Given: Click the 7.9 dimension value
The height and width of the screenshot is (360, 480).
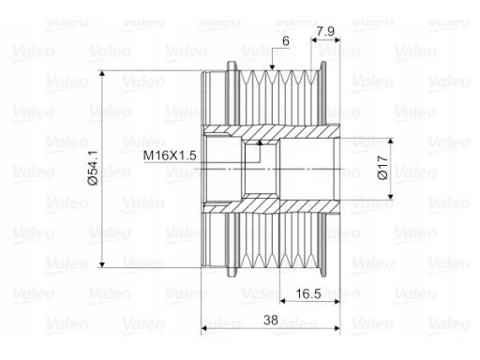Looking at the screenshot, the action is click(x=325, y=31).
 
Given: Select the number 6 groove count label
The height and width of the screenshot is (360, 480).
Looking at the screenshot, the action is click(x=286, y=41).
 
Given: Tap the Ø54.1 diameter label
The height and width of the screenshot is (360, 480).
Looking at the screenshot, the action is click(x=93, y=168).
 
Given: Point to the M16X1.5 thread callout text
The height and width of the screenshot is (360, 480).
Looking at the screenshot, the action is click(x=170, y=156).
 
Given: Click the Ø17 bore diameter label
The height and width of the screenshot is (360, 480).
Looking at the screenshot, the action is click(x=382, y=168).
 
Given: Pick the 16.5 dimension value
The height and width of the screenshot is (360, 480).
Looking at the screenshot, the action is click(x=308, y=293).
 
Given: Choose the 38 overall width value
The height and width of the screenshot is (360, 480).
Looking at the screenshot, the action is click(x=271, y=320).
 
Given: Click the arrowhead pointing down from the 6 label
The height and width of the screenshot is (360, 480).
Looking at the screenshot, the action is click(x=272, y=67).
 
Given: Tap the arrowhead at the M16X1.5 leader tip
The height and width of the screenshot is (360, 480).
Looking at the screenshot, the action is click(x=259, y=142).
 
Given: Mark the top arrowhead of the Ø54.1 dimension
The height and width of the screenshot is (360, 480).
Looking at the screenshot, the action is click(x=102, y=74).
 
